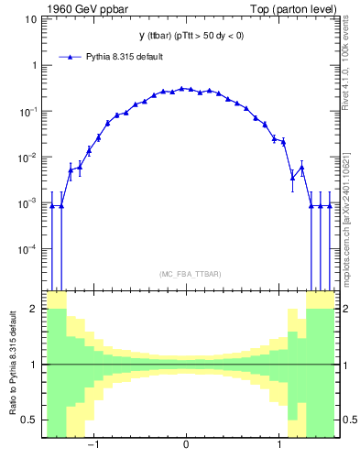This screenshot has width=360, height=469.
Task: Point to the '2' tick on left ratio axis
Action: coord(34,309)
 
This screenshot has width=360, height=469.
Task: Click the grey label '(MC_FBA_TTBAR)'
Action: coord(186,274)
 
